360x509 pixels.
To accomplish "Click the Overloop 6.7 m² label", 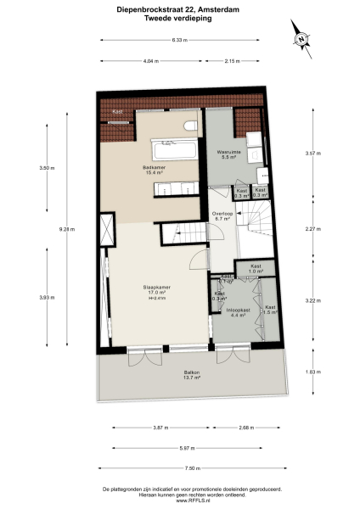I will (222, 215).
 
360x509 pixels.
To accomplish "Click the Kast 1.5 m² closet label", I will (270, 309).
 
